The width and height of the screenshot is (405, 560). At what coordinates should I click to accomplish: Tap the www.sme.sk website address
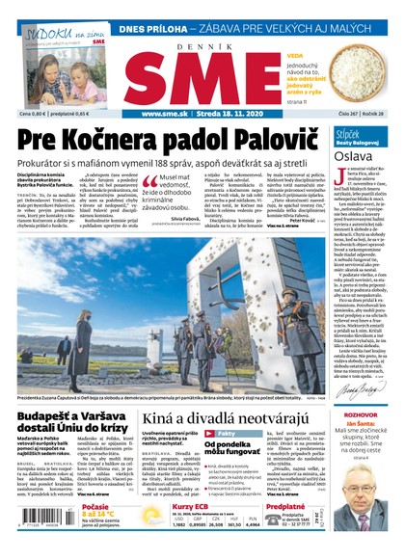[169, 113]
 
